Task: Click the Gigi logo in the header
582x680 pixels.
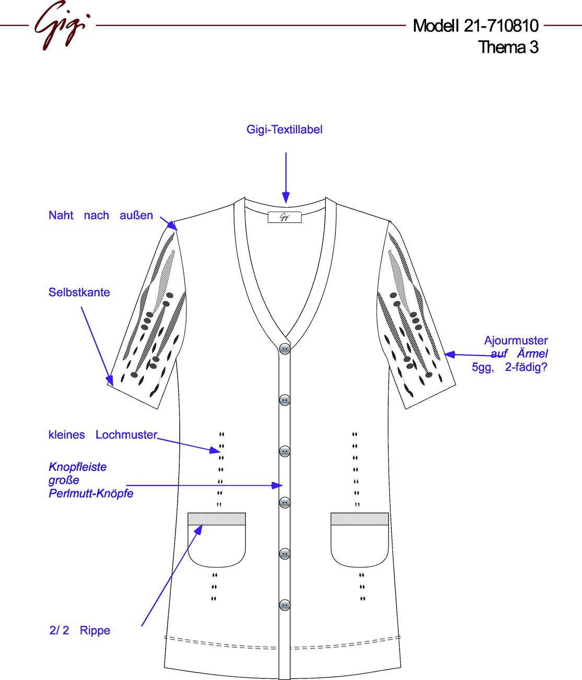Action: pos(62,25)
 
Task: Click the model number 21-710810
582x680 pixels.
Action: pos(501,26)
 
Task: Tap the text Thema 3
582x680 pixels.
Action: pos(508,47)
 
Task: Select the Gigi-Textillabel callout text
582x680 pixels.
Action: pos(284,130)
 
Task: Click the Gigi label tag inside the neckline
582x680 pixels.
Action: pos(285,217)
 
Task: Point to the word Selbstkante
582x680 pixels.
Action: pos(79,292)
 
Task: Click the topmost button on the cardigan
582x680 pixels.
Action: pos(285,348)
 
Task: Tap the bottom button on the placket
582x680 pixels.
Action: pos(285,605)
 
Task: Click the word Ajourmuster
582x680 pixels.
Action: pos(516,341)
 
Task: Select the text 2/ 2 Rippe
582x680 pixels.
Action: pos(80,630)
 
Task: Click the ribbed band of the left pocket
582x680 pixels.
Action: pos(217,519)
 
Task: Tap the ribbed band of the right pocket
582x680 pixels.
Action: pos(359,519)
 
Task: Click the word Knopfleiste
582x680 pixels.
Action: pos(77,467)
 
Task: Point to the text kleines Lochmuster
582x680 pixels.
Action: pos(103,435)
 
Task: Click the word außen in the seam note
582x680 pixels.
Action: pos(136,215)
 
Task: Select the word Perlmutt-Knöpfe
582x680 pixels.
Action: pos(91,493)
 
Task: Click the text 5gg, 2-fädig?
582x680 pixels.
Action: pos(510,367)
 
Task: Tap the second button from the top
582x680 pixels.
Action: pos(285,400)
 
